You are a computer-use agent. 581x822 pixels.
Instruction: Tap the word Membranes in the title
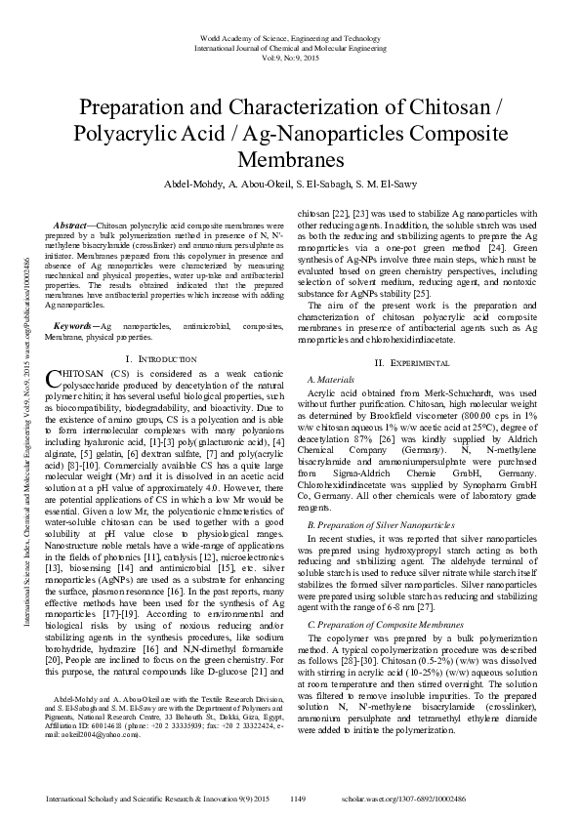(290, 156)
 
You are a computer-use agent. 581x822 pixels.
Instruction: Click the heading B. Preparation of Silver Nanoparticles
(381, 525)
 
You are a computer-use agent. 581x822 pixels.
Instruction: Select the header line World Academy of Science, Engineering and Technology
(290, 36)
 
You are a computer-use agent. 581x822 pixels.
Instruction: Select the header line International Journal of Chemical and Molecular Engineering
(290, 46)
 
